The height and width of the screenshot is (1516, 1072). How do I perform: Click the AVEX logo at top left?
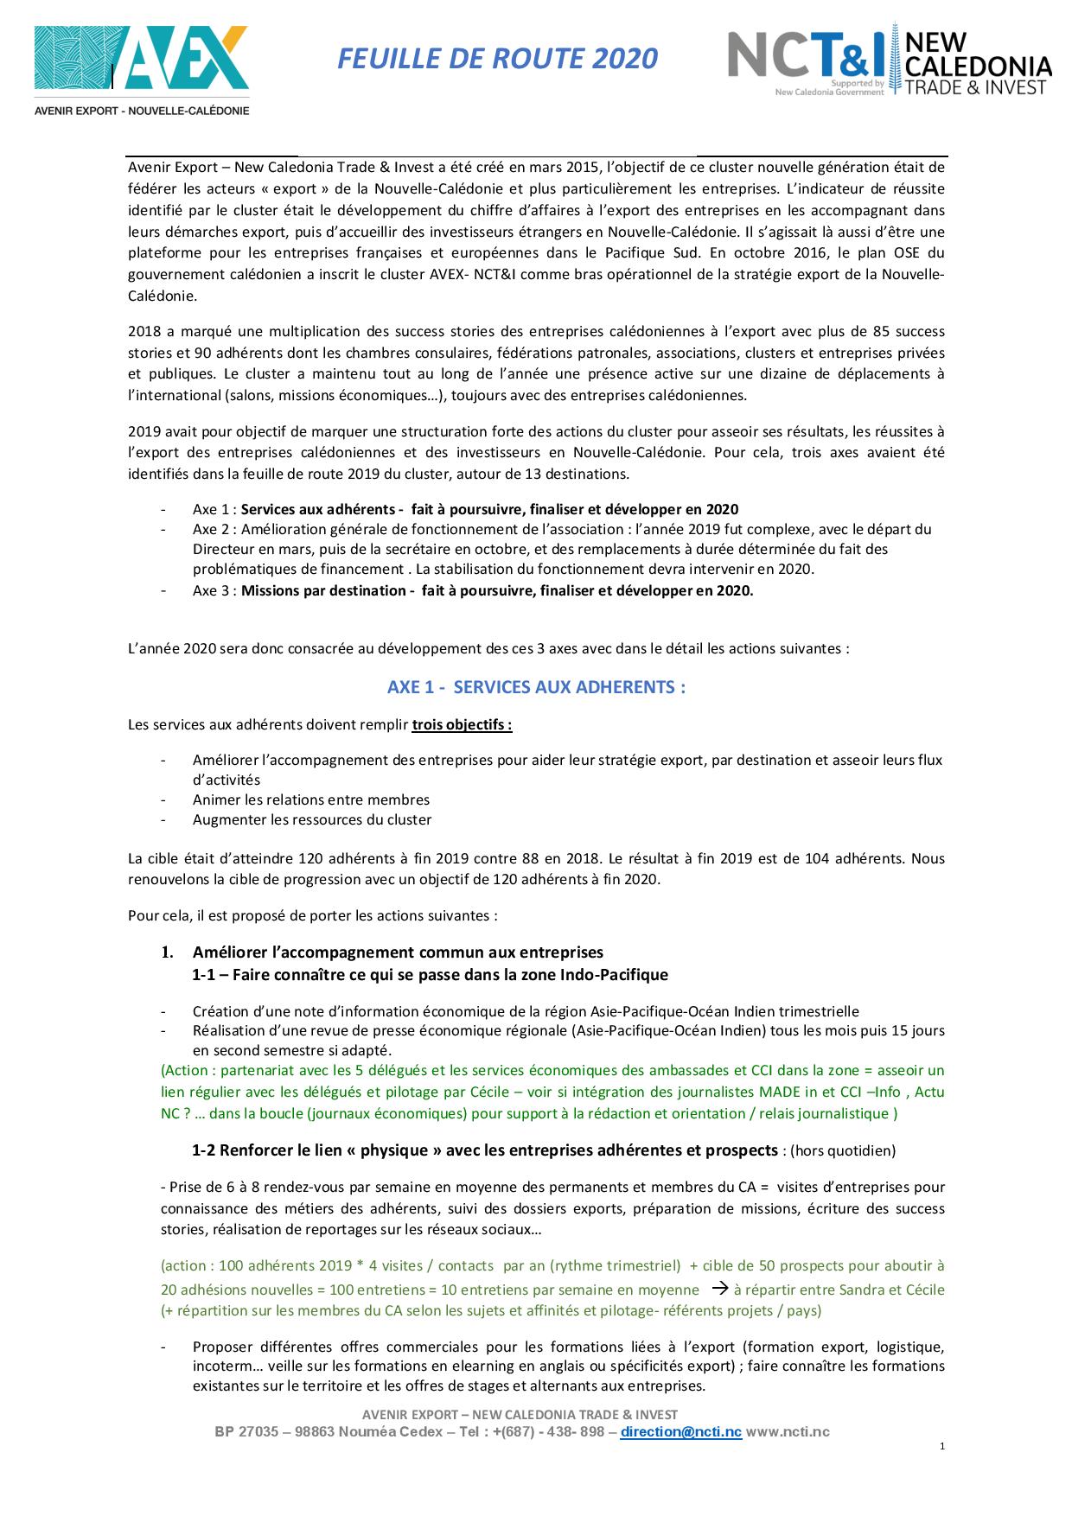tap(142, 59)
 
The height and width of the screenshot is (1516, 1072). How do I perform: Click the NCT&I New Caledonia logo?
tap(890, 61)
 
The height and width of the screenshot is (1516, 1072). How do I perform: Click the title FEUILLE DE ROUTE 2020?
tap(497, 59)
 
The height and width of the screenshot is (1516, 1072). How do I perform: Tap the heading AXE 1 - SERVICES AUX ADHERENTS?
tap(536, 687)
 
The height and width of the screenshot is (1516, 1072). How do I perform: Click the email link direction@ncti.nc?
tap(680, 1432)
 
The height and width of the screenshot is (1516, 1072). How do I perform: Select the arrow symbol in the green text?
tap(718, 1289)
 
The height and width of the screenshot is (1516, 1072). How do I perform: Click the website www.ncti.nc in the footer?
tap(788, 1432)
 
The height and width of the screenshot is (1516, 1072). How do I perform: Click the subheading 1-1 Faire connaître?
tap(430, 975)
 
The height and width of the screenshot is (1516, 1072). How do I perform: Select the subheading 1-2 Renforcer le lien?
tap(484, 1150)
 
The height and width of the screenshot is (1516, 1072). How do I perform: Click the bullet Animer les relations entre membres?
tap(311, 799)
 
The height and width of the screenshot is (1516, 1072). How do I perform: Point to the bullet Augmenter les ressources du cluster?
tap(312, 819)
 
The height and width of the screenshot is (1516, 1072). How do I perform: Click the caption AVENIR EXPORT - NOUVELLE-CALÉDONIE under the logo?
tap(142, 111)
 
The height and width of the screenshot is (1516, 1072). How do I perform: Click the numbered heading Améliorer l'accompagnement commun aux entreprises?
tap(398, 952)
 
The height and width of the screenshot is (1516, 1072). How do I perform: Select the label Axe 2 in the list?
tap(214, 529)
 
